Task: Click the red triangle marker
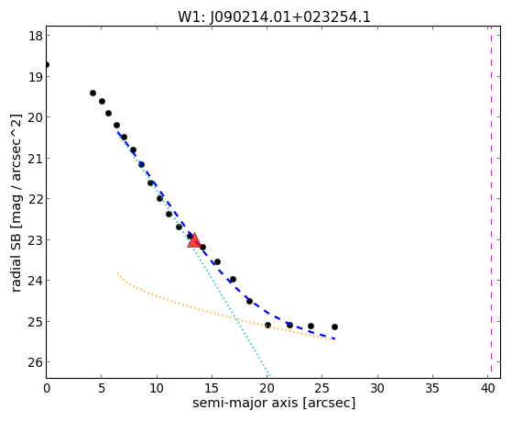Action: pyautogui.click(x=194, y=240)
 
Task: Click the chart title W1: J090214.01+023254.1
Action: pyautogui.click(x=274, y=17)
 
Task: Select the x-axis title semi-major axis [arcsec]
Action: pyautogui.click(x=274, y=403)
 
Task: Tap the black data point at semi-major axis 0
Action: pyautogui.click(x=47, y=64)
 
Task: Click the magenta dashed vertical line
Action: pyautogui.click(x=491, y=202)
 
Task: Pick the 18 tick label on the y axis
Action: pyautogui.click(x=36, y=36)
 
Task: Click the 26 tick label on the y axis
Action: pyautogui.click(x=35, y=361)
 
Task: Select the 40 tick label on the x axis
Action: pyautogui.click(x=487, y=388)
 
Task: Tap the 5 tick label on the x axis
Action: pyautogui.click(x=102, y=388)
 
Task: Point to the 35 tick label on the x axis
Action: pyautogui.click(x=432, y=388)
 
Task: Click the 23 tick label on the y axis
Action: pyautogui.click(x=35, y=239)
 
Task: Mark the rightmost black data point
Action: pyautogui.click(x=334, y=327)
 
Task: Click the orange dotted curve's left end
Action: pyautogui.click(x=117, y=273)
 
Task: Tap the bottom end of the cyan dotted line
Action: pyautogui.click(x=269, y=375)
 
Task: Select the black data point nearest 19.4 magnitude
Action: pyautogui.click(x=93, y=94)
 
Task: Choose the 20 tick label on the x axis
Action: pyautogui.click(x=267, y=388)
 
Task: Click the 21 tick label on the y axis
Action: pyautogui.click(x=35, y=158)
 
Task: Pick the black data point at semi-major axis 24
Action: pyautogui.click(x=310, y=326)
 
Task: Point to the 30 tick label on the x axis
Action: pyautogui.click(x=377, y=388)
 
